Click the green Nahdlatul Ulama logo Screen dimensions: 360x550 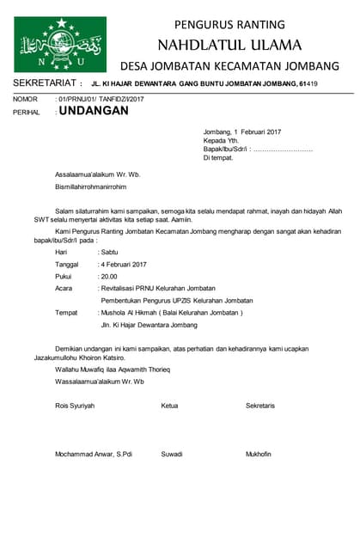60,44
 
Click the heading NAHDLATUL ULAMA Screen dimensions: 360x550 229,44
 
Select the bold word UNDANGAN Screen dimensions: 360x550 94,111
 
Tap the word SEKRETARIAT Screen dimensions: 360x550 42,83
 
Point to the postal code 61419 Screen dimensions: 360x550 308,83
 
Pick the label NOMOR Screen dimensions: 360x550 25,100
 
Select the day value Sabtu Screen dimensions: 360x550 109,253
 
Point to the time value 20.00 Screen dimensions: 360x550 109,277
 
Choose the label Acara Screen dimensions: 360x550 64,289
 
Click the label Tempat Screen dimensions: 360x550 67,313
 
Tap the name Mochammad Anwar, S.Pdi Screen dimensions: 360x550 94,454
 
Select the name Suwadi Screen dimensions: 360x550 172,454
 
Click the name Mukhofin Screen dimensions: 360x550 259,454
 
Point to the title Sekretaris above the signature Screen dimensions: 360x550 260,405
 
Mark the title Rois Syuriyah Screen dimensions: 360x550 75,405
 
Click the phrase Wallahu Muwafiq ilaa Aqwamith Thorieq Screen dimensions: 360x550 113,369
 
